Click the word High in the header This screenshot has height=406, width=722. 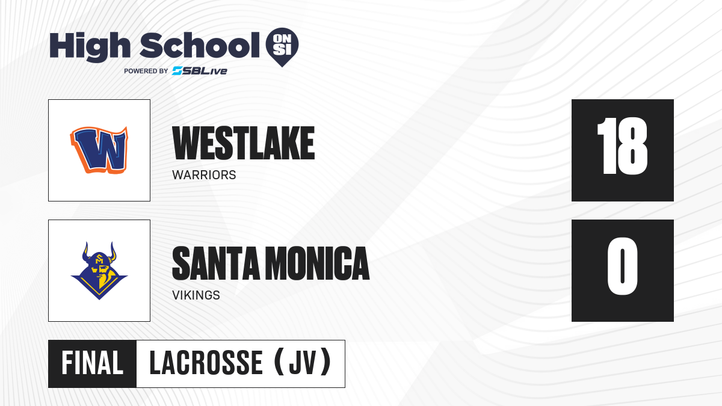tap(90, 47)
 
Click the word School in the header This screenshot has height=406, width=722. tap(200, 45)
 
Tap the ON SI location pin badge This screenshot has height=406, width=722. tap(282, 47)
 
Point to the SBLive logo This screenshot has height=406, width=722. tap(199, 71)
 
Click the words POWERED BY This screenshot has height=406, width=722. tap(146, 71)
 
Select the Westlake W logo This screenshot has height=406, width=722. tap(99, 150)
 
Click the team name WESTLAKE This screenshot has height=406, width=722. tap(243, 143)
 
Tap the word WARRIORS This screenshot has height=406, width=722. tap(204, 175)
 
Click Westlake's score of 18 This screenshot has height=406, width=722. tap(622, 146)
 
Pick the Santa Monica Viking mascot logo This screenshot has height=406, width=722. tap(99, 271)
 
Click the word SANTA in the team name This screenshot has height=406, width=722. tap(216, 263)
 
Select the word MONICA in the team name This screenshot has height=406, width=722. tap(318, 263)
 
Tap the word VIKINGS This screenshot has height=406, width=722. tap(196, 295)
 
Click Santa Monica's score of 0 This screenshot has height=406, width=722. tap(622, 266)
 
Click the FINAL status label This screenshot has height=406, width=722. tap(93, 363)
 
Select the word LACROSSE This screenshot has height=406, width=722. tap(206, 363)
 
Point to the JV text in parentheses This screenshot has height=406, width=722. tap(303, 363)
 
